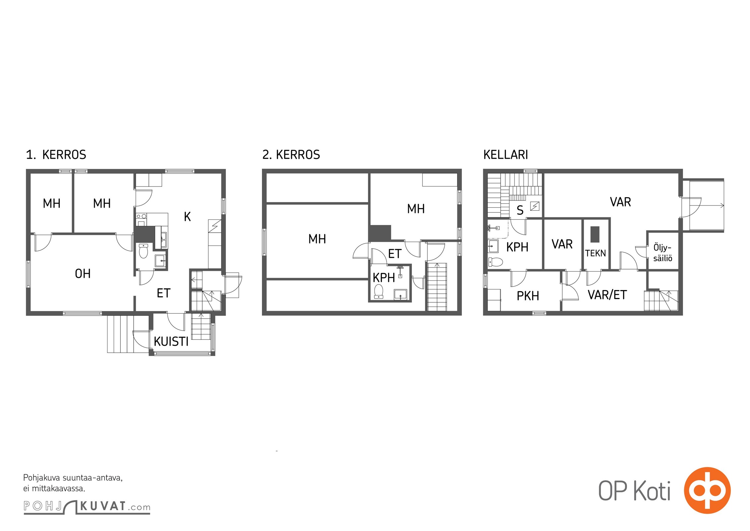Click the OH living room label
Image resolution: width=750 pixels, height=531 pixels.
[83, 274]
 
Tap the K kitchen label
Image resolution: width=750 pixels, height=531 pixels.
[187, 217]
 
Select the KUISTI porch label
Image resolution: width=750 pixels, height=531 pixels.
[171, 341]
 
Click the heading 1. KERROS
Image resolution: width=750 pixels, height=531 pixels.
[56, 155]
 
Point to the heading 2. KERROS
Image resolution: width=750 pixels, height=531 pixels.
[291, 155]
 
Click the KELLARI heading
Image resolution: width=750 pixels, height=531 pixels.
[506, 155]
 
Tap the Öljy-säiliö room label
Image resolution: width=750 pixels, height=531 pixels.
[663, 253]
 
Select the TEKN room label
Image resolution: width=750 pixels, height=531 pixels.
[595, 254]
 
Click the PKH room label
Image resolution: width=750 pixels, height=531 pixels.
[528, 296]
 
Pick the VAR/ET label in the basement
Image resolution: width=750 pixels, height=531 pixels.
[607, 295]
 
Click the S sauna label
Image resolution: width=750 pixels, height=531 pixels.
[520, 210]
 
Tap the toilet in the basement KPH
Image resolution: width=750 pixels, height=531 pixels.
[495, 262]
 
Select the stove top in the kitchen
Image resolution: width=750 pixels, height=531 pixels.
[142, 216]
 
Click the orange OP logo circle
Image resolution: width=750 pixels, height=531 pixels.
[707, 490]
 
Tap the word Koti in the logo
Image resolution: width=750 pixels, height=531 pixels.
[653, 491]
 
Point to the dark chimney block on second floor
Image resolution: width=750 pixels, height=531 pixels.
[380, 233]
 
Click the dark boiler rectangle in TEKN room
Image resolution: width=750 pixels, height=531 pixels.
[595, 234]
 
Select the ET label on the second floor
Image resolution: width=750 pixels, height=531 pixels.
[395, 254]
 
